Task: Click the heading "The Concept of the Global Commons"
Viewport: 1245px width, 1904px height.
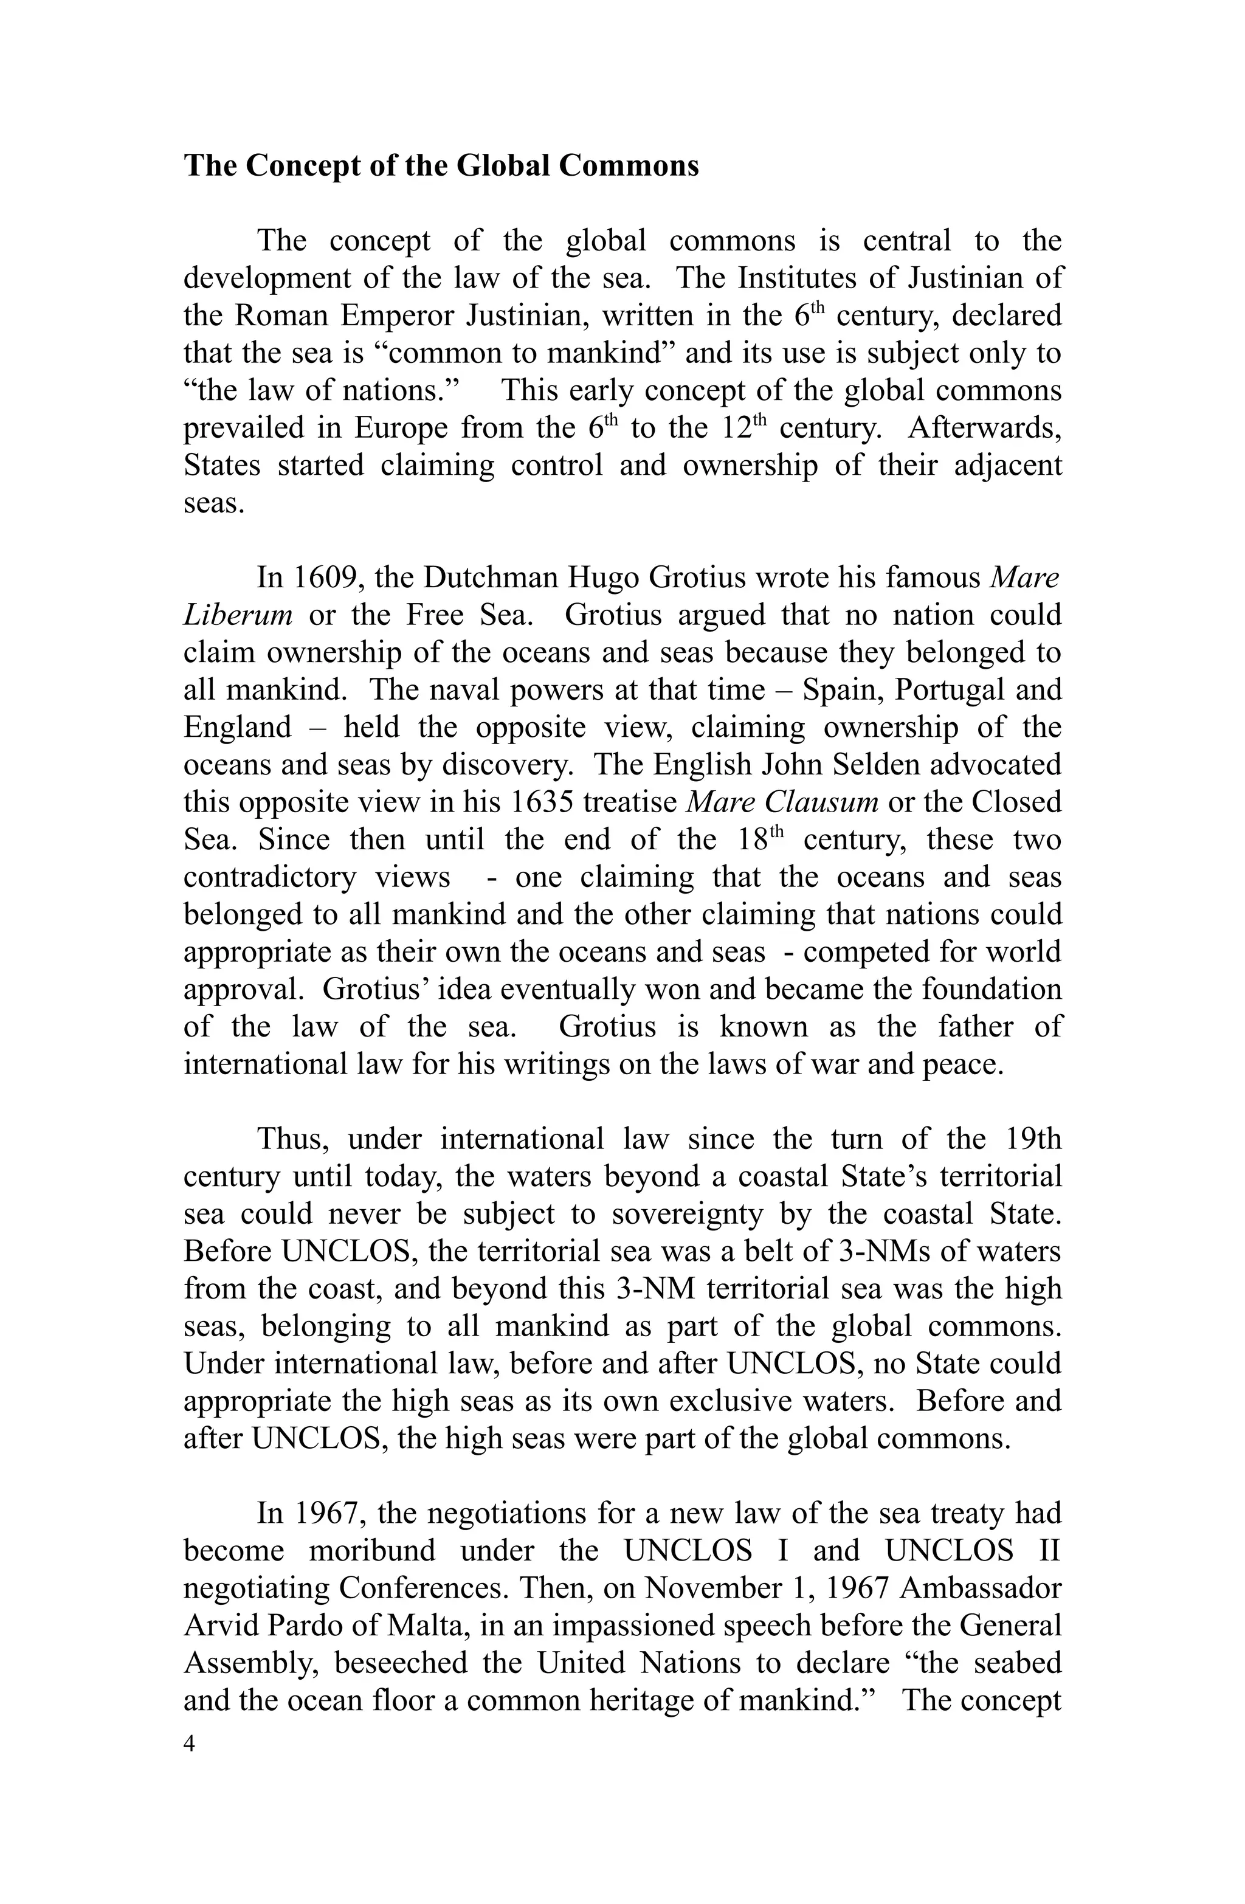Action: point(441,165)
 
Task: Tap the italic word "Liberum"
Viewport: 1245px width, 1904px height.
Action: point(238,615)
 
